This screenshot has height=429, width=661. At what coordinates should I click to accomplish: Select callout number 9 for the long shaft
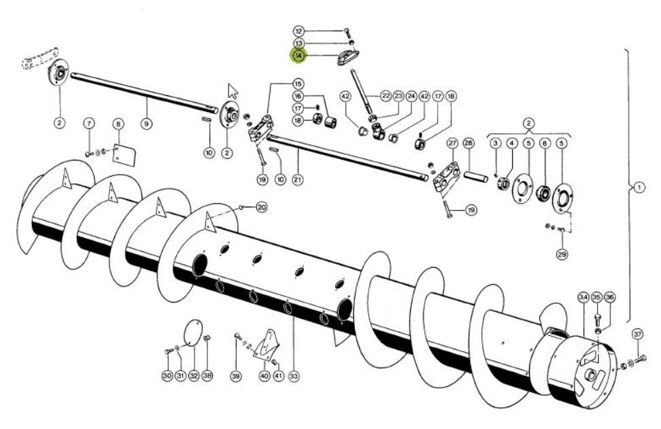click(x=146, y=124)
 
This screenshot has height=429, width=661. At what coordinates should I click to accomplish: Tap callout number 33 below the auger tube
click(x=294, y=375)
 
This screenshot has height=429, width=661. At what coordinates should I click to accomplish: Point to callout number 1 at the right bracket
click(x=639, y=188)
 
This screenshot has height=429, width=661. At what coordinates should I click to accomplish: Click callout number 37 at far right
click(x=637, y=334)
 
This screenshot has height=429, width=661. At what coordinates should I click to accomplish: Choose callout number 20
click(x=262, y=207)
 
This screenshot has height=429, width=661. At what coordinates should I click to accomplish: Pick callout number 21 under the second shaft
click(x=297, y=179)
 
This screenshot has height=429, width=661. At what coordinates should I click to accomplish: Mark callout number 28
click(x=468, y=143)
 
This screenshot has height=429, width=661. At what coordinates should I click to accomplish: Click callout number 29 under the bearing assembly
click(x=562, y=254)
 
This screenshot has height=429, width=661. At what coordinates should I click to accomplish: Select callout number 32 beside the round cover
click(x=194, y=375)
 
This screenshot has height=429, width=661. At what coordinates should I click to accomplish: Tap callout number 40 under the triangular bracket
click(x=264, y=375)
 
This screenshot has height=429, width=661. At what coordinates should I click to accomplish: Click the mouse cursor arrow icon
click(x=233, y=90)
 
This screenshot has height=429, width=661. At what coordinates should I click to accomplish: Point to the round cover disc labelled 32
click(x=194, y=334)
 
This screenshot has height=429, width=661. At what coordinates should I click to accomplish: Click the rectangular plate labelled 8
click(x=123, y=154)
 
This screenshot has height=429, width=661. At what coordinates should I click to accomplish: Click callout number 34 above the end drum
click(x=583, y=297)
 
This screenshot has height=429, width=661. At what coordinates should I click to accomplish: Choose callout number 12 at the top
click(x=299, y=31)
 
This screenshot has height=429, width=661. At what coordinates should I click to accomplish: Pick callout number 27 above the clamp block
click(x=452, y=143)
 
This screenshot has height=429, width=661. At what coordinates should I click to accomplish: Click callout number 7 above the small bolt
click(x=88, y=124)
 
